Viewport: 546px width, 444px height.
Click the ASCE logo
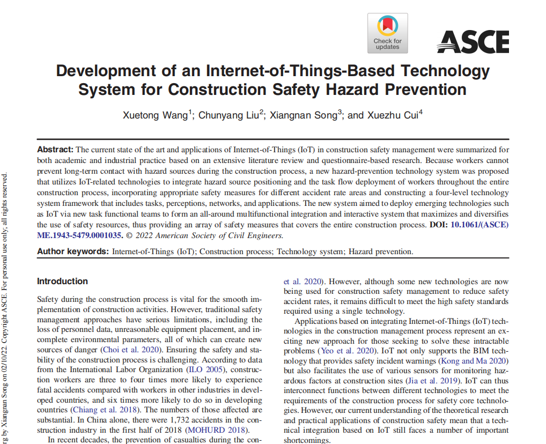[x=473, y=41]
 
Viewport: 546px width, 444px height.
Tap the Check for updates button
[x=387, y=33]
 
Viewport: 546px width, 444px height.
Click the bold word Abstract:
[x=55, y=150]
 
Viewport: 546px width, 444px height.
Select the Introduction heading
[x=62, y=281]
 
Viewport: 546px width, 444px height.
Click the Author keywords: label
[x=73, y=251]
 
